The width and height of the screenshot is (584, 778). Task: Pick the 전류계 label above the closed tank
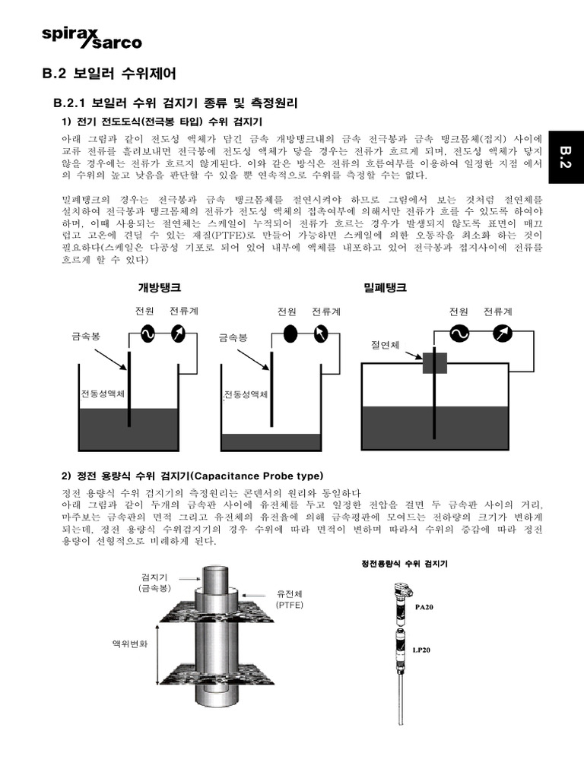click(x=497, y=312)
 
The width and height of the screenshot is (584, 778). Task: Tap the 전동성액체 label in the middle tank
click(x=246, y=396)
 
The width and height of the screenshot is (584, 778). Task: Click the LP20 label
click(x=421, y=650)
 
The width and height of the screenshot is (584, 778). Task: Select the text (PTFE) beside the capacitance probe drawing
click(x=290, y=605)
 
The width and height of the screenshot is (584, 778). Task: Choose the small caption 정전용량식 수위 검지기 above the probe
click(x=403, y=564)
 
